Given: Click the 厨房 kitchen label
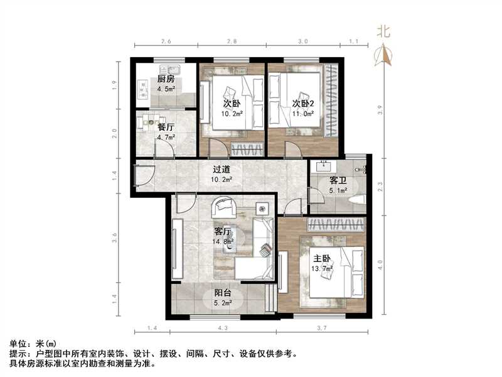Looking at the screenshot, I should point(166,80).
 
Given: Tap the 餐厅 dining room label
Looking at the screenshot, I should point(166,127).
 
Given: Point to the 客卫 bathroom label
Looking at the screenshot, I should point(338,181).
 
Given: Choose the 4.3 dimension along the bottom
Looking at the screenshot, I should point(223,329).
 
